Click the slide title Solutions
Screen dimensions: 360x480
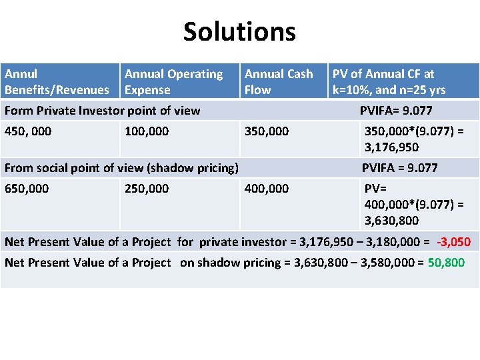click(x=239, y=31)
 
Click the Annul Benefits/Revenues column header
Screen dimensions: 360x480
click(x=57, y=82)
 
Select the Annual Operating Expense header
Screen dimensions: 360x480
click(x=174, y=82)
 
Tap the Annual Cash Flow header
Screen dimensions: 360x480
click(x=279, y=82)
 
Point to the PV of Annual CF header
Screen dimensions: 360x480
click(x=389, y=82)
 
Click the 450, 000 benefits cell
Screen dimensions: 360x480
click(x=28, y=131)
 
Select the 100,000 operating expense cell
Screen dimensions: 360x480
click(x=147, y=131)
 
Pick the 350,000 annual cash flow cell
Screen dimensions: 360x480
click(x=267, y=131)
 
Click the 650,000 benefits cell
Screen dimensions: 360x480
click(x=27, y=189)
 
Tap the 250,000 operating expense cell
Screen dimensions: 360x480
click(x=147, y=189)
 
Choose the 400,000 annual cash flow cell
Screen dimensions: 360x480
click(x=267, y=189)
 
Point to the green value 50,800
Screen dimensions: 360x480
click(x=446, y=263)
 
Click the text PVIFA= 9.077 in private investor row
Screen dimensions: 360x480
click(x=396, y=111)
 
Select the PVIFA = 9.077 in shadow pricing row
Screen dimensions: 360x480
click(x=399, y=168)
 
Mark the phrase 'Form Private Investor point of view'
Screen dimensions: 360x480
click(x=102, y=111)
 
